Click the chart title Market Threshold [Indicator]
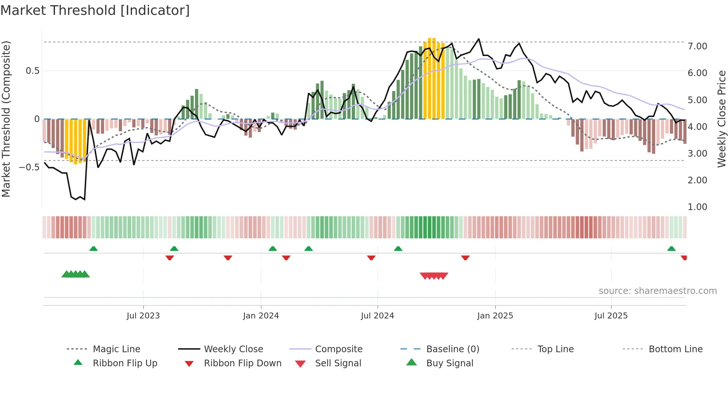click(95, 10)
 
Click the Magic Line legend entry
click(116, 349)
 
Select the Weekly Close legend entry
click(233, 349)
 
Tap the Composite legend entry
click(339, 349)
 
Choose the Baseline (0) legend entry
click(452, 349)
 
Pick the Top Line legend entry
click(555, 349)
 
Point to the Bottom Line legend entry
click(675, 349)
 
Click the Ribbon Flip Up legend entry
click(125, 363)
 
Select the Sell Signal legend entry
click(338, 363)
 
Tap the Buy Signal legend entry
click(449, 363)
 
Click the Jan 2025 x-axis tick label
click(495, 315)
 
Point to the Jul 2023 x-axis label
click(143, 315)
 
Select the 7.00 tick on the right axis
click(697, 46)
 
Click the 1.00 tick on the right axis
click(697, 207)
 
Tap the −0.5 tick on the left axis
click(29, 167)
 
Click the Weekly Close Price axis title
click(721, 119)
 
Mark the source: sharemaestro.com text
click(657, 291)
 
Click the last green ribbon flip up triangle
click(671, 249)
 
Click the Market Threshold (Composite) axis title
click(6, 119)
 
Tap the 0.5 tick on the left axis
click(32, 71)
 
